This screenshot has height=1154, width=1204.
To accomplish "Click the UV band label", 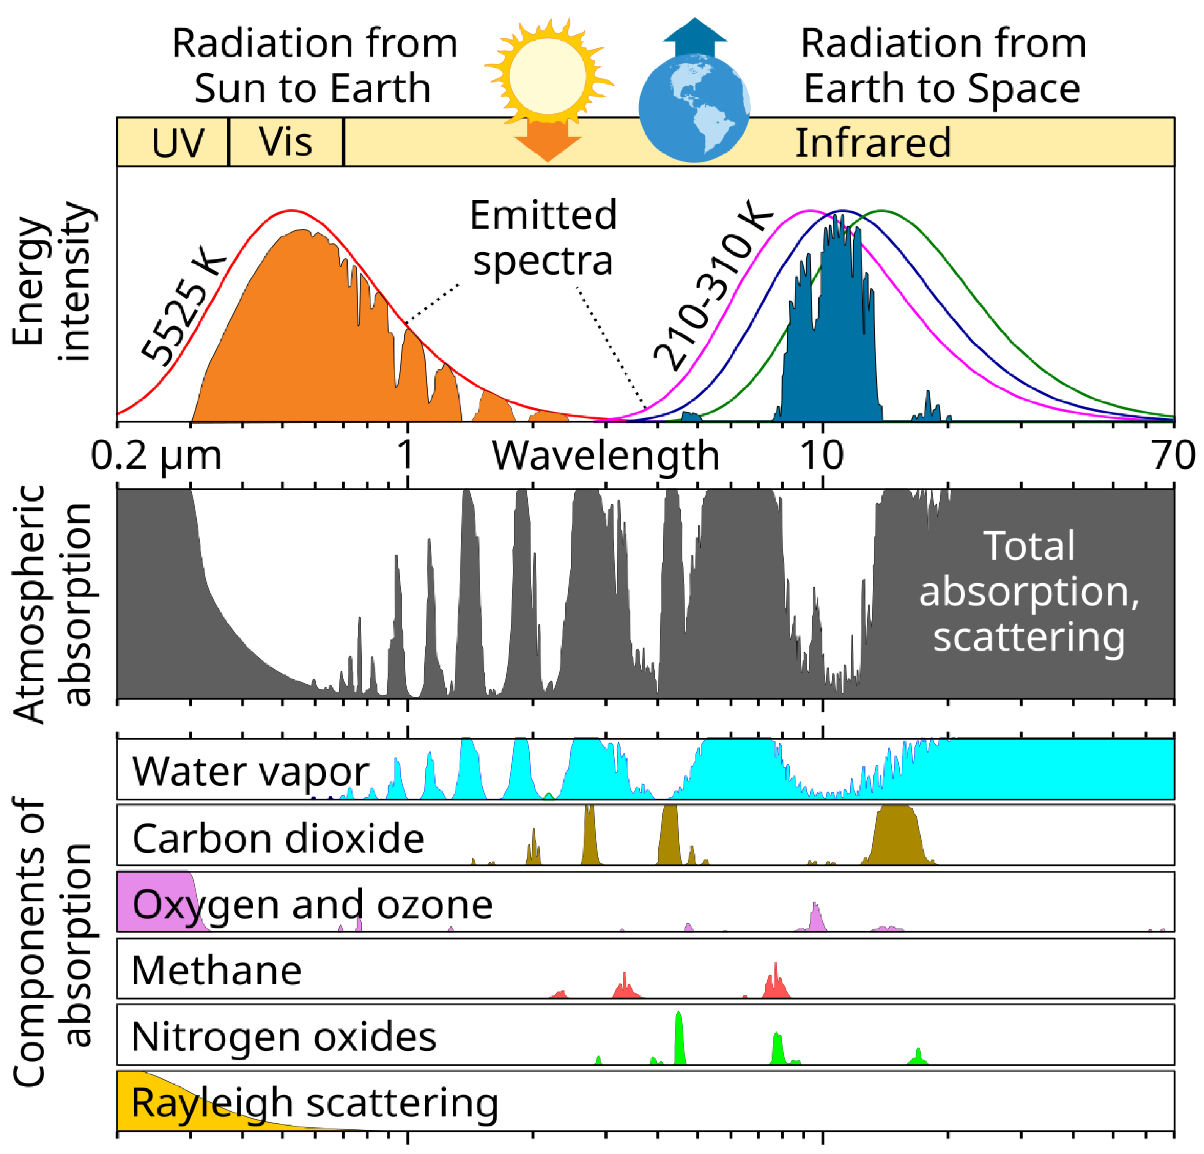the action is point(178,143).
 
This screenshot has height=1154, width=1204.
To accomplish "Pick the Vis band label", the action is point(286,143).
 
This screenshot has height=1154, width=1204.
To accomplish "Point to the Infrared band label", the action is point(873,143).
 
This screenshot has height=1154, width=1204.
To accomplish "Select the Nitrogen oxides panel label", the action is point(284,1037).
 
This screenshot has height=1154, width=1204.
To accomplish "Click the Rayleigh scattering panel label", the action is point(315,1103).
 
